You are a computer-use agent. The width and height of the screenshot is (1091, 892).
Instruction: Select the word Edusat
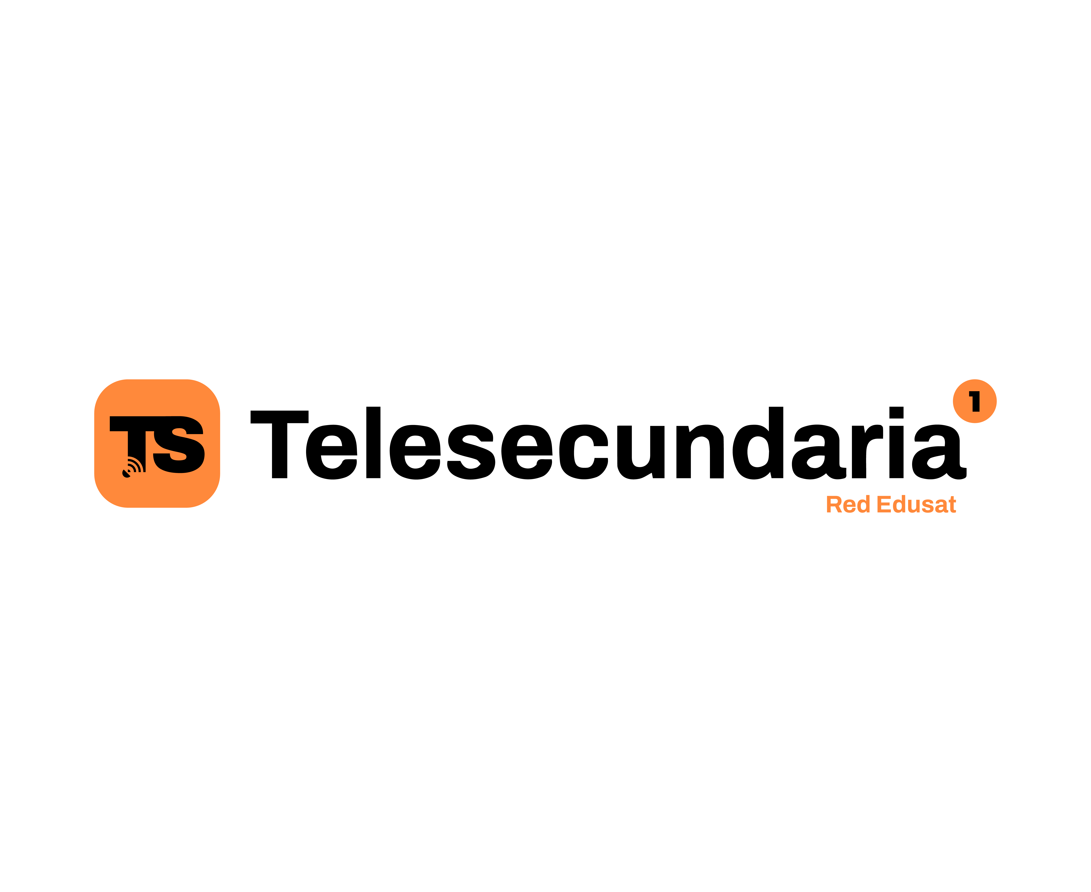click(x=917, y=504)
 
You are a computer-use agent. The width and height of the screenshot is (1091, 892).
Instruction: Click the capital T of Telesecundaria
click(x=279, y=444)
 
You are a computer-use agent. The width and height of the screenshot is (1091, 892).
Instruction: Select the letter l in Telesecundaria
click(x=373, y=442)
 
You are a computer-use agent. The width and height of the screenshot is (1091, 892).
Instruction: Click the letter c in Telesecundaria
click(x=584, y=452)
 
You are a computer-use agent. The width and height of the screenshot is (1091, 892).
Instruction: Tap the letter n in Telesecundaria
click(x=700, y=452)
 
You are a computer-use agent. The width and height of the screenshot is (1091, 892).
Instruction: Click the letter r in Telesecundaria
click(x=867, y=452)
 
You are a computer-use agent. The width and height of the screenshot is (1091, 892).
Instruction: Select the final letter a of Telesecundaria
click(x=939, y=452)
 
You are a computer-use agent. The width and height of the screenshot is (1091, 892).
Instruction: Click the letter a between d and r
click(x=818, y=452)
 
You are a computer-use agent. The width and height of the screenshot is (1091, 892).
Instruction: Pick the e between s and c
click(x=527, y=452)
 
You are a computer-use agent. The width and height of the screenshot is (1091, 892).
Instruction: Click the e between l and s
click(x=415, y=452)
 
